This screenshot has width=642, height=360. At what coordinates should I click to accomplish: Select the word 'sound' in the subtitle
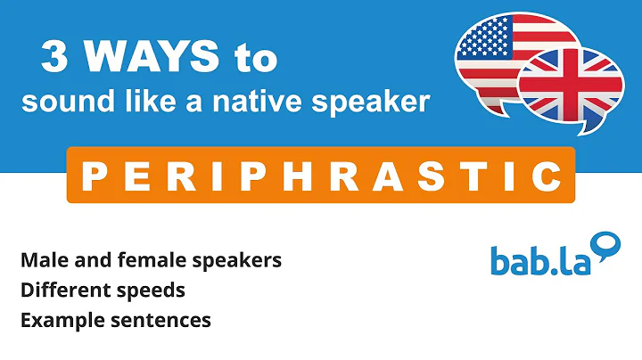60,102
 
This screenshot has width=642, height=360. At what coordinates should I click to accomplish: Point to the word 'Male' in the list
40,261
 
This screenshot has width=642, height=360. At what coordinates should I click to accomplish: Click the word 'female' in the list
141,261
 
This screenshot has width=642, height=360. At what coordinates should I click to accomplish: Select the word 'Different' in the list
60,290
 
